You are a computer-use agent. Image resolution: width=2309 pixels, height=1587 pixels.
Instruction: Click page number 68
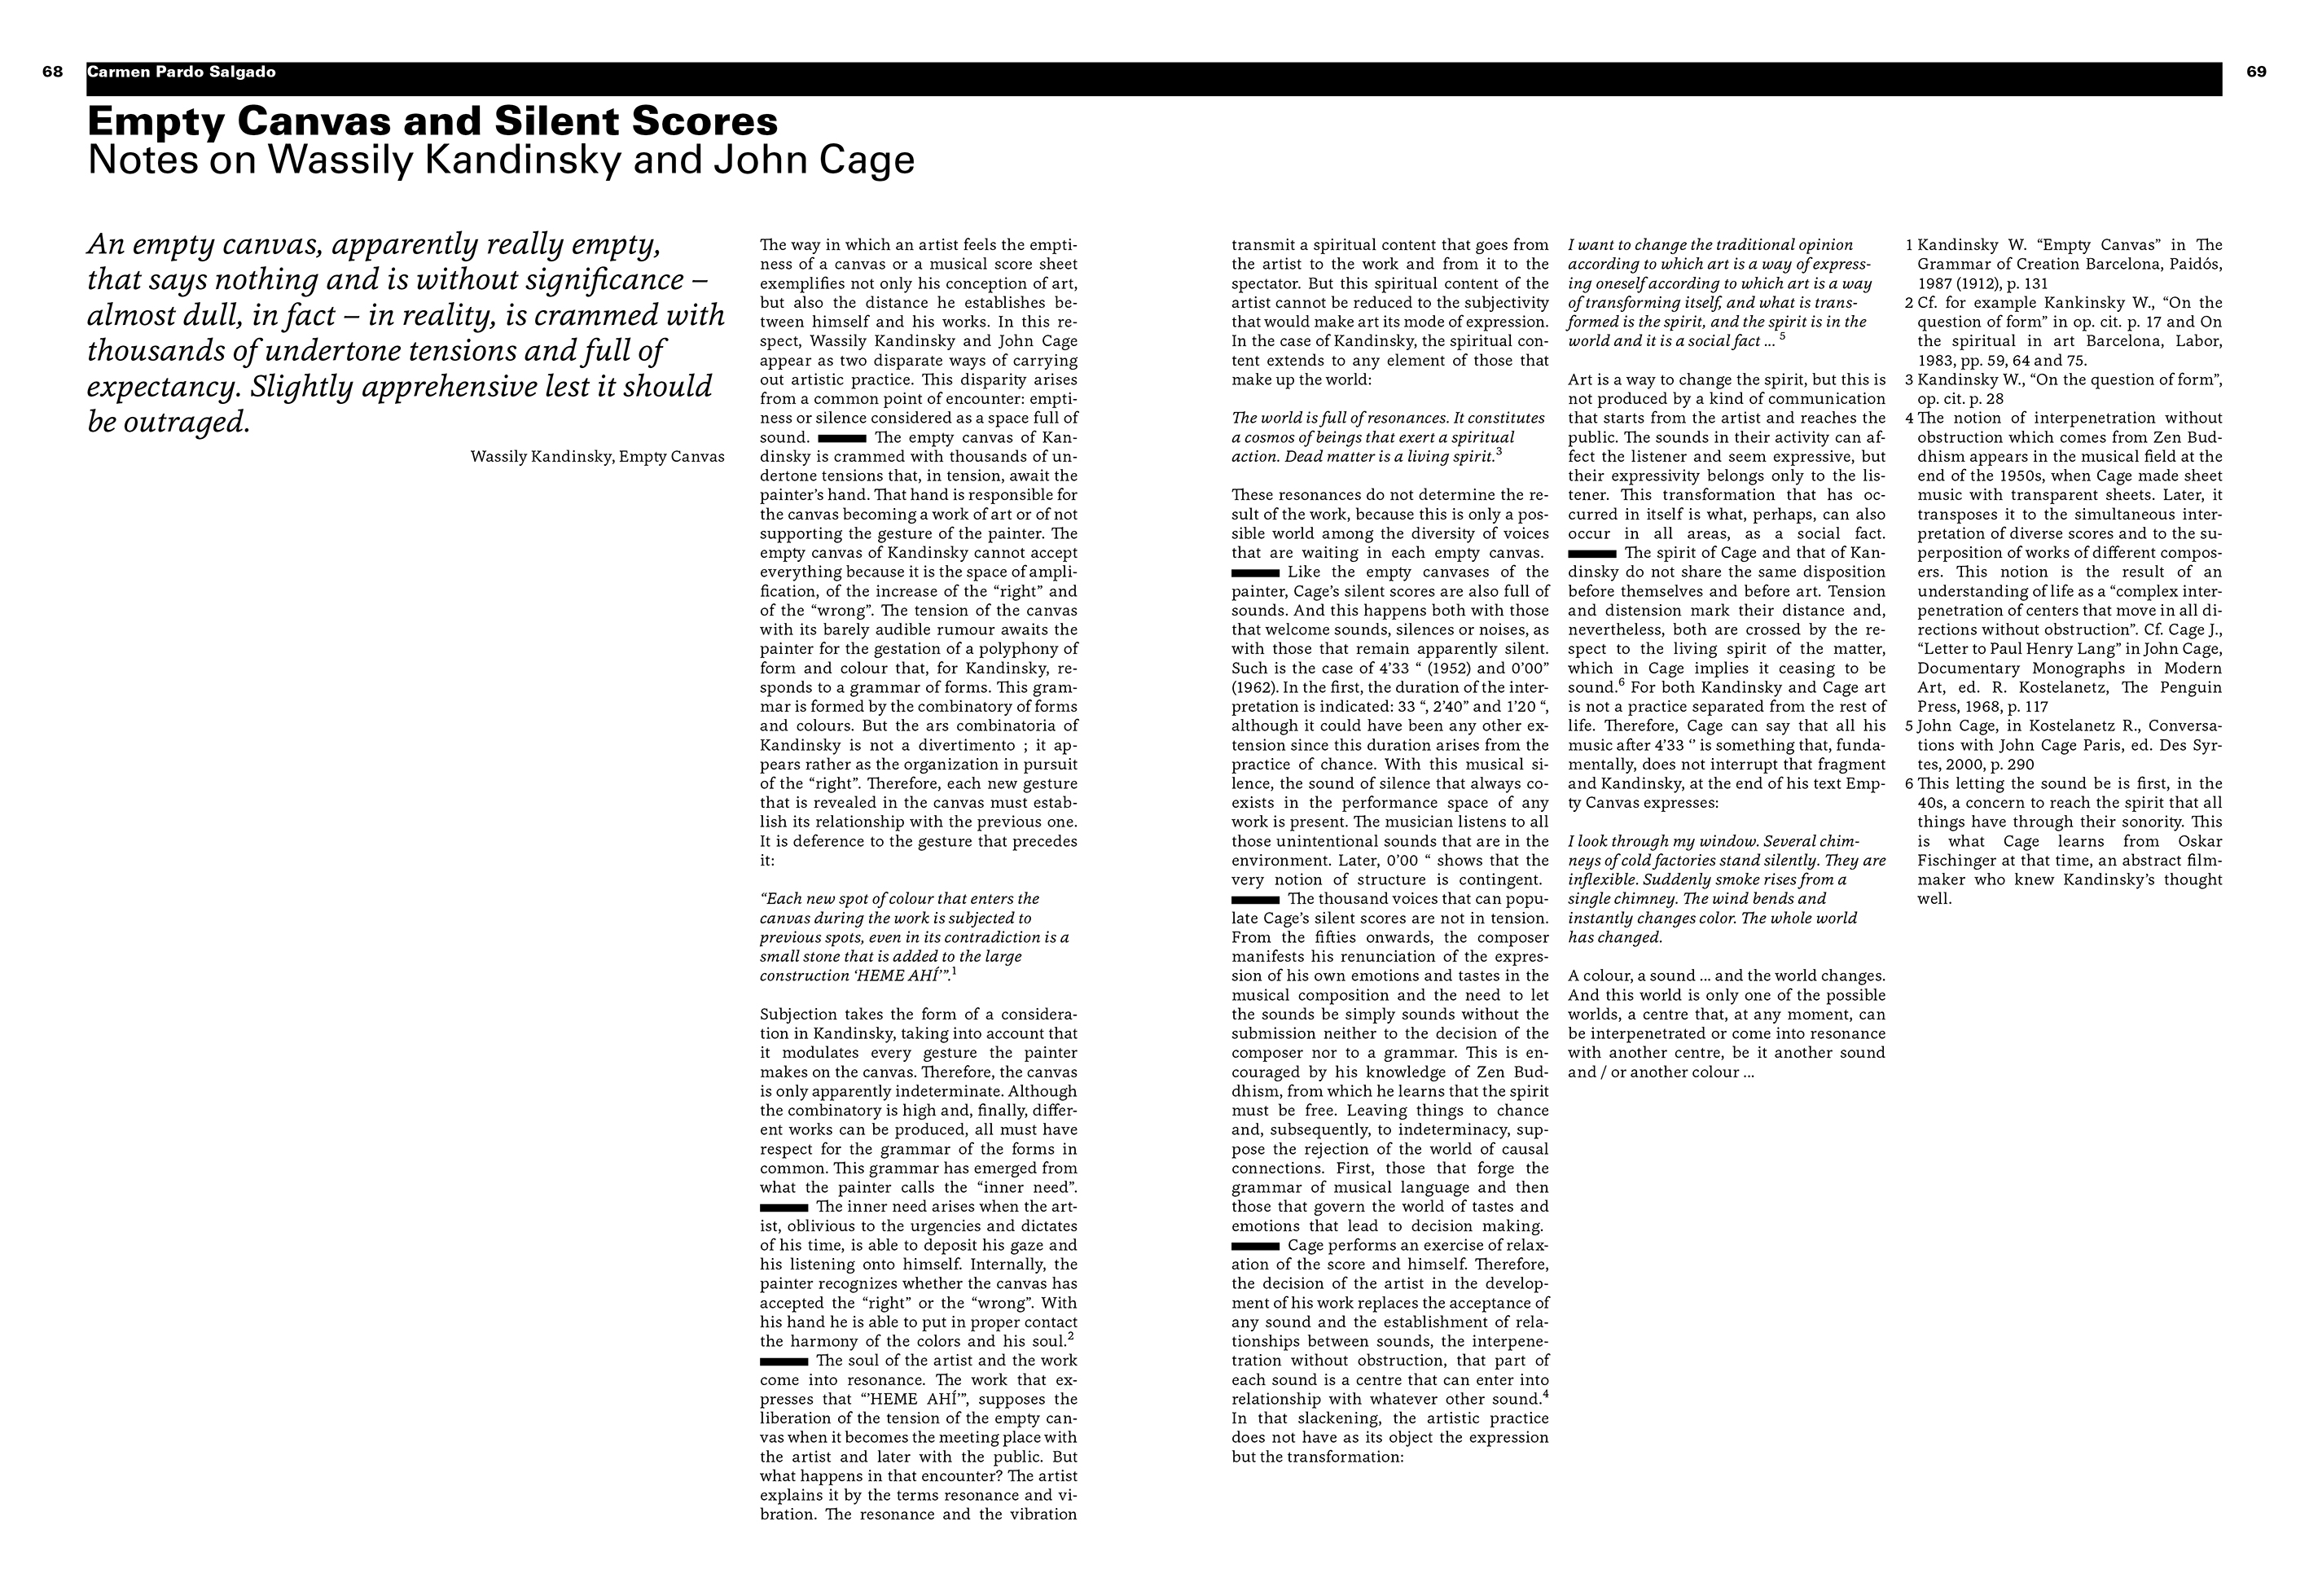[x=53, y=72]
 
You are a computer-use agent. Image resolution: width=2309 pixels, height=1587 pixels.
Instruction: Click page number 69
[x=2256, y=72]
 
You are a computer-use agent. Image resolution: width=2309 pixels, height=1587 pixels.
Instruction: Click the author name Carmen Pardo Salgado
[x=181, y=72]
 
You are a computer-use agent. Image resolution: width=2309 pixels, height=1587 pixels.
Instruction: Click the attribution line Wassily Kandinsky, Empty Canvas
[x=597, y=458]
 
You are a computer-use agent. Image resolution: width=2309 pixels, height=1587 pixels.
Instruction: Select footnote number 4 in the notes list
[x=1909, y=419]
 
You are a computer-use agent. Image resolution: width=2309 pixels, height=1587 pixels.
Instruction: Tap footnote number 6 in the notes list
[x=1909, y=783]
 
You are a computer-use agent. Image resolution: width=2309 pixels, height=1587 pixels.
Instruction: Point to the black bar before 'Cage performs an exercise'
[x=1255, y=1246]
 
